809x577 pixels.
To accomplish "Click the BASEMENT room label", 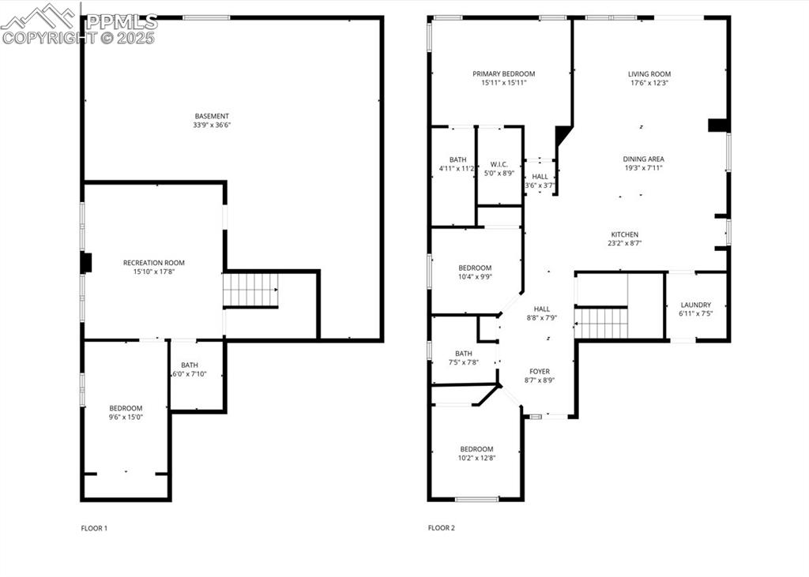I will pyautogui.click(x=212, y=116).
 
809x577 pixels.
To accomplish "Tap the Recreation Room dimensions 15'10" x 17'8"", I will pyautogui.click(x=153, y=272).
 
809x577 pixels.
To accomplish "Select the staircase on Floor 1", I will pyautogui.click(x=250, y=290).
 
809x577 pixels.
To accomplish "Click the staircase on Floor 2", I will pyautogui.click(x=601, y=323).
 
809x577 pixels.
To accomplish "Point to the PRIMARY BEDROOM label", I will pyautogui.click(x=503, y=73).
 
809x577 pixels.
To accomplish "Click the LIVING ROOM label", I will pyautogui.click(x=649, y=74).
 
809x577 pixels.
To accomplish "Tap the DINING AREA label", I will pyautogui.click(x=642, y=159).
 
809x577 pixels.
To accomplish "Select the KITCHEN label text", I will pyautogui.click(x=624, y=234).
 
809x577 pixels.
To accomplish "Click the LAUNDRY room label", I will pyautogui.click(x=695, y=305).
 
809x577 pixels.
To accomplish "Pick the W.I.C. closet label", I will pyautogui.click(x=499, y=164).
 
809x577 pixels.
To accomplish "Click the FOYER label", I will pyautogui.click(x=540, y=371).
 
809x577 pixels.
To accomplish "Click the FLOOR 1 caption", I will pyautogui.click(x=94, y=527).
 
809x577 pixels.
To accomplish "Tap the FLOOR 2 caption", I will pyautogui.click(x=442, y=527).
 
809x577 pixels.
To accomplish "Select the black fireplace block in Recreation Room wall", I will pyautogui.click(x=86, y=262).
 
